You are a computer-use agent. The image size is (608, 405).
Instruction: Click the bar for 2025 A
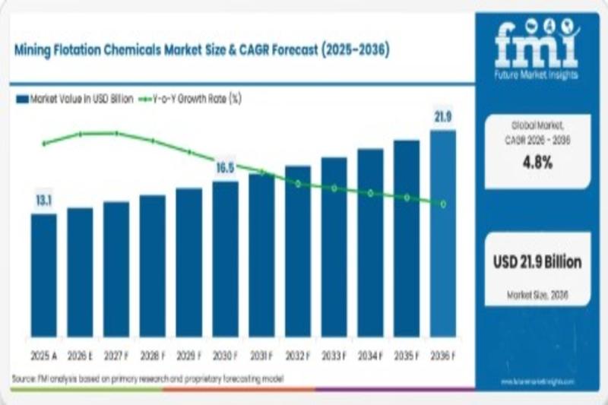(43, 275)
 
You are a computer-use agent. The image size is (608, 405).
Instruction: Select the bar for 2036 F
(443, 234)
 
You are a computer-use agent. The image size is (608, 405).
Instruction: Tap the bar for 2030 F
(225, 259)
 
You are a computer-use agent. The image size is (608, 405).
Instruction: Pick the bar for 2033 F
(334, 247)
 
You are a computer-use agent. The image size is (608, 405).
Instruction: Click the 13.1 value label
(43, 201)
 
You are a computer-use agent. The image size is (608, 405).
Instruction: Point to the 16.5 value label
(225, 168)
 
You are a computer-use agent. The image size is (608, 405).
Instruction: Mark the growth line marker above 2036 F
(443, 204)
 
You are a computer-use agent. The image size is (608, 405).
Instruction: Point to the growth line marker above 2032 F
(298, 184)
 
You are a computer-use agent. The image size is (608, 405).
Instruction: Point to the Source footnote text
(149, 378)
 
